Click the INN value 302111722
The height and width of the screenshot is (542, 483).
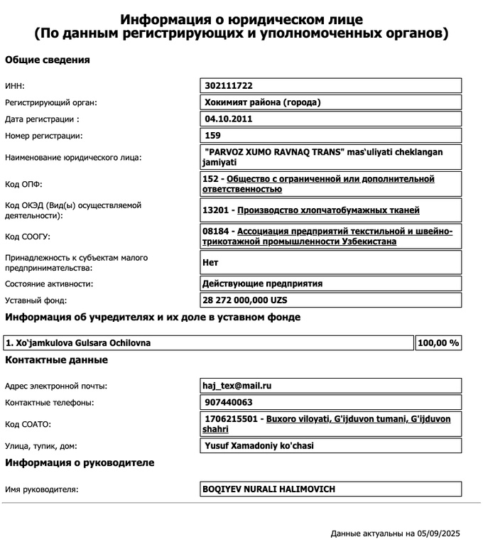[x=229, y=86]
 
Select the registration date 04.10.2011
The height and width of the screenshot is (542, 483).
[x=228, y=119]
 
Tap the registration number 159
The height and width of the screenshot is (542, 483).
[x=212, y=135]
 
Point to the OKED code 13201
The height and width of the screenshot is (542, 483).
[x=217, y=210]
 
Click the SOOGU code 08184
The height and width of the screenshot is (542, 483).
[x=217, y=232]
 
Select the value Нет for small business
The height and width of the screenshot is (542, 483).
[x=210, y=262]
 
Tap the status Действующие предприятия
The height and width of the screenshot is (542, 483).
[x=262, y=283]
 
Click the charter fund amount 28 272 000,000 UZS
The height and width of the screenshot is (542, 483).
[x=245, y=300]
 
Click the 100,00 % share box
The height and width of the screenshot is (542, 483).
[x=438, y=343]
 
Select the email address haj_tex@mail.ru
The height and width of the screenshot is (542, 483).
[x=237, y=386]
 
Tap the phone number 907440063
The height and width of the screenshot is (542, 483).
[x=228, y=403]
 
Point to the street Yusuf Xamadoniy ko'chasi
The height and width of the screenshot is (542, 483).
[x=259, y=446]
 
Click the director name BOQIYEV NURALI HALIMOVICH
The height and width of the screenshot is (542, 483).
[x=268, y=489]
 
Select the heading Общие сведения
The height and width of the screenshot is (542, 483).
[x=48, y=60]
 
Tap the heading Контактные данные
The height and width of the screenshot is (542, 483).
[x=57, y=360]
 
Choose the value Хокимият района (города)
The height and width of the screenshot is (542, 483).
[x=262, y=102]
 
